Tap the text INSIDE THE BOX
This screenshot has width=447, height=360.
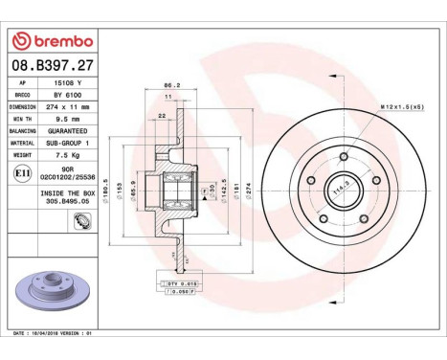[66, 193]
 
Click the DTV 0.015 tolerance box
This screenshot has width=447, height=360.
[180, 284]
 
